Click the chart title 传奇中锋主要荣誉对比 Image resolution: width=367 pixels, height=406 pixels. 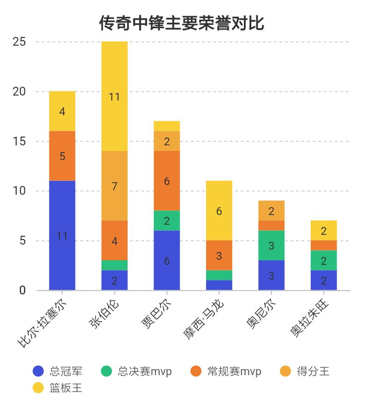tap(182, 23)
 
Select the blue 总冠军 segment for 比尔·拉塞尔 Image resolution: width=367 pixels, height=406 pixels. tap(62, 235)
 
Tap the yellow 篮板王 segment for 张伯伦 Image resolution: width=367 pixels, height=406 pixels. tap(114, 96)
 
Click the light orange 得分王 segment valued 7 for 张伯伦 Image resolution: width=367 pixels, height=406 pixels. tap(114, 185)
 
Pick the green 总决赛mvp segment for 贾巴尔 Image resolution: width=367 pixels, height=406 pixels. tap(167, 221)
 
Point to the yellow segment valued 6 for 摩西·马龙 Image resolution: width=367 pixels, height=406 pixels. tap(219, 210)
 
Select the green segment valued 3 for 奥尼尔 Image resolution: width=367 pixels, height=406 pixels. tap(271, 245)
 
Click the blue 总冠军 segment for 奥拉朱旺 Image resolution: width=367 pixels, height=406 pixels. tap(324, 280)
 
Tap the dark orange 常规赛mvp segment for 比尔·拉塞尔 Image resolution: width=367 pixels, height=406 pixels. tap(62, 156)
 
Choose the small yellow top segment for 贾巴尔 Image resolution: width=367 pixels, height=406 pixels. tap(167, 126)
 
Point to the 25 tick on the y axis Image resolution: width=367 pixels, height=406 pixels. tap(19, 42)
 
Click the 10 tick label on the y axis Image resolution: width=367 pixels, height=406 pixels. tap(19, 191)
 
